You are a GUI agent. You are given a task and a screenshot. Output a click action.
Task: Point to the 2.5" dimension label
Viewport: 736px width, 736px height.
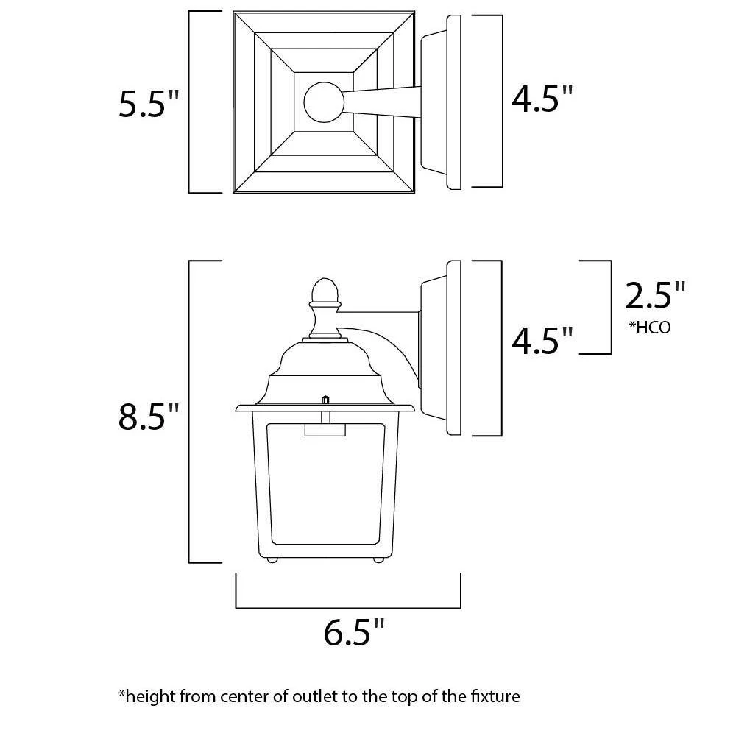(x=655, y=295)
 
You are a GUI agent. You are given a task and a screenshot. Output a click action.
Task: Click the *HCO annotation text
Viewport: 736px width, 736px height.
(x=650, y=328)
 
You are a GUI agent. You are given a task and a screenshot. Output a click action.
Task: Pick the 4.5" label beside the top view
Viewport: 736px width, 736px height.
(x=542, y=99)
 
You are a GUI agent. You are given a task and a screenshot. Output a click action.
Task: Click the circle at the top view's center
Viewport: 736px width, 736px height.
(x=324, y=102)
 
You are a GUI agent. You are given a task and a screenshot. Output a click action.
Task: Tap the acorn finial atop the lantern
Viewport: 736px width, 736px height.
(x=325, y=291)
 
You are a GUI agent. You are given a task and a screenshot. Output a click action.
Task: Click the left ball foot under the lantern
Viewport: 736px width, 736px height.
(x=272, y=559)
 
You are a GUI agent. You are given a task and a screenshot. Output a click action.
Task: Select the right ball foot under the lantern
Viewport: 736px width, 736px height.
(x=378, y=559)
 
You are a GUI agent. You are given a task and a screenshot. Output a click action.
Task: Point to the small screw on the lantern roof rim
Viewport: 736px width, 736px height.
(x=325, y=400)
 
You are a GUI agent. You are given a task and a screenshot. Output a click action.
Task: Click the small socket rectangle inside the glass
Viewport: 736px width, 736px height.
(x=325, y=430)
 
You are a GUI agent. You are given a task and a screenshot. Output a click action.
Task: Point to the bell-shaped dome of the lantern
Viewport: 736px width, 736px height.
(x=325, y=371)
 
